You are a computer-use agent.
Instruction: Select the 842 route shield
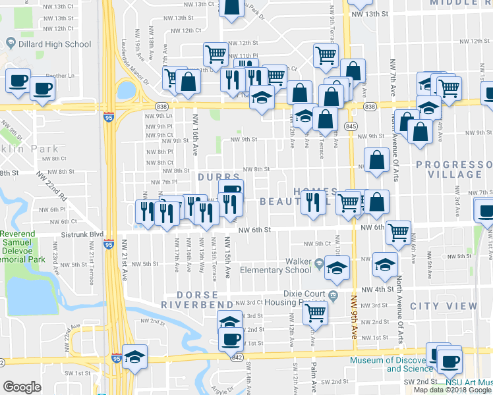[x=236, y=355]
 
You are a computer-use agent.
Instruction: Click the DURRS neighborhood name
[x=219, y=178]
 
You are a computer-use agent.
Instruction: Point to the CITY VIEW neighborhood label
[x=443, y=306]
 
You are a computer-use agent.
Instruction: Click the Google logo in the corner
[x=22, y=387]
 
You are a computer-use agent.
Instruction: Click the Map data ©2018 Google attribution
[x=453, y=390]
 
